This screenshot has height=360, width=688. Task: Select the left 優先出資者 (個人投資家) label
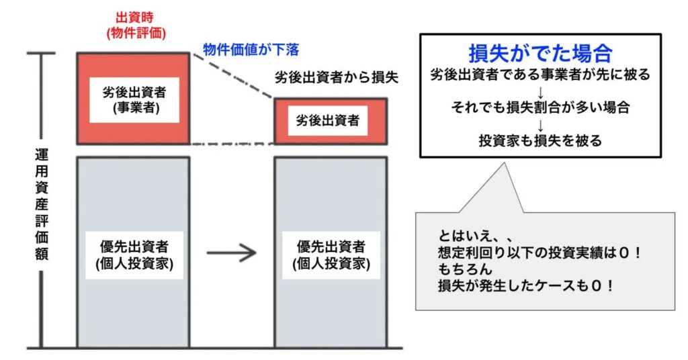tap(133, 255)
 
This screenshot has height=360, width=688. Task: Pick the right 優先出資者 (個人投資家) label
tap(331, 255)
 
